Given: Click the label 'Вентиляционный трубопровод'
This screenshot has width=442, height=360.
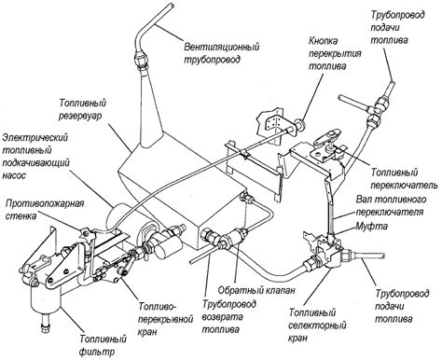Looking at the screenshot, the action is pos(221,53).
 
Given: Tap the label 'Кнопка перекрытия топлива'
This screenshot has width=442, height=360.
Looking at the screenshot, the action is pos(335,53).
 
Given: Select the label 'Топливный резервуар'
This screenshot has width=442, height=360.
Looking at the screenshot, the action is pos(83,109).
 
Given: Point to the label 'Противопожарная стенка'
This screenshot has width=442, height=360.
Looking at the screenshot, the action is pos(45,210).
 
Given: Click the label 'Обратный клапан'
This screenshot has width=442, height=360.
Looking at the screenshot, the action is pos(256,290).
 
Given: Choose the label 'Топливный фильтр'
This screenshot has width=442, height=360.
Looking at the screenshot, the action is pos(103,344).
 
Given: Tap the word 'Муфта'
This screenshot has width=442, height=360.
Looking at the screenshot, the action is pos(371,226).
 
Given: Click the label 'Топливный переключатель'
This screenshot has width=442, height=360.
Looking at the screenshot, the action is pos(404,179).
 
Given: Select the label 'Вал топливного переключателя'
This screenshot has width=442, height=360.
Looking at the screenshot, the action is pos(391,205).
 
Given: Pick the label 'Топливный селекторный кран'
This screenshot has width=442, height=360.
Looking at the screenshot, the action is pos(317,325).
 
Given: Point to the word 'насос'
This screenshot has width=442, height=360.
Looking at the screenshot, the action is pos(14,175).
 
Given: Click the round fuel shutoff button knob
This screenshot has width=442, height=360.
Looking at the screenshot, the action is pos(300,125).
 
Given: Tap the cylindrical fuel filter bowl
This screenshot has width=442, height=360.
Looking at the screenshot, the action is pos(47,299).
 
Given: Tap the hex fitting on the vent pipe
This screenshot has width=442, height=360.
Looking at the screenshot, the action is pos(141,61).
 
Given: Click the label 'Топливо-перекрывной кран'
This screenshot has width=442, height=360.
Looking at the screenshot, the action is pos(166,319).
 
